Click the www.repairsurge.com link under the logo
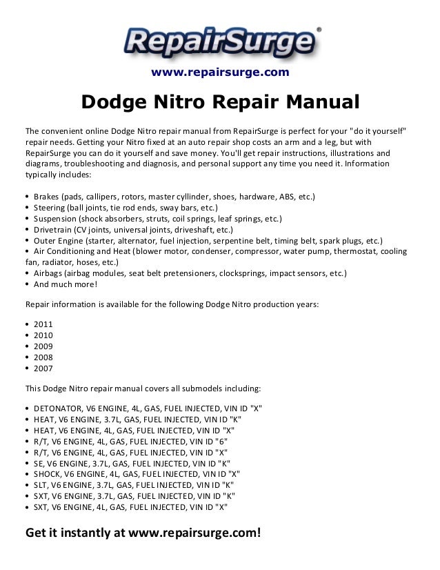tap(220, 72)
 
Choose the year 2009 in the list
tap(42, 346)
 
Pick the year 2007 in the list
tap(42, 368)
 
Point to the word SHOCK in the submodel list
tap(46, 474)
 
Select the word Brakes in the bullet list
tap(46, 197)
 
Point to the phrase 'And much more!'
tap(65, 284)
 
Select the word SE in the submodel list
tap(39, 463)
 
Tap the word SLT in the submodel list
tap(41, 485)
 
